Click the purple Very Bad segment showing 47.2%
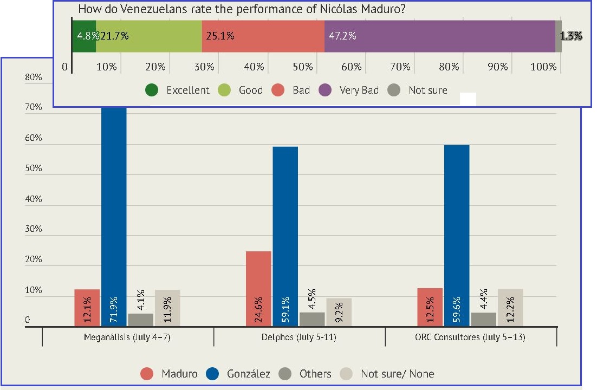[439, 36]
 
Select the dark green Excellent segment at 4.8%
[84, 36]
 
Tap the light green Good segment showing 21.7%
[148, 36]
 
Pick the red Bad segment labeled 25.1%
[263, 36]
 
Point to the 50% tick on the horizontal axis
[302, 67]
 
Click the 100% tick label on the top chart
[543, 67]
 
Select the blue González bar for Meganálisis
[114, 217]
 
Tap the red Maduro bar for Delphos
[258, 289]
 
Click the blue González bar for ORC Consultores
[457, 236]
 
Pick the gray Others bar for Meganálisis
[140, 320]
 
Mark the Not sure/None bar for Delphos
[339, 312]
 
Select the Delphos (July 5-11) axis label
[299, 337]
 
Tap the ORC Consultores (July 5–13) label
[471, 337]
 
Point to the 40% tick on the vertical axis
[34, 199]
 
